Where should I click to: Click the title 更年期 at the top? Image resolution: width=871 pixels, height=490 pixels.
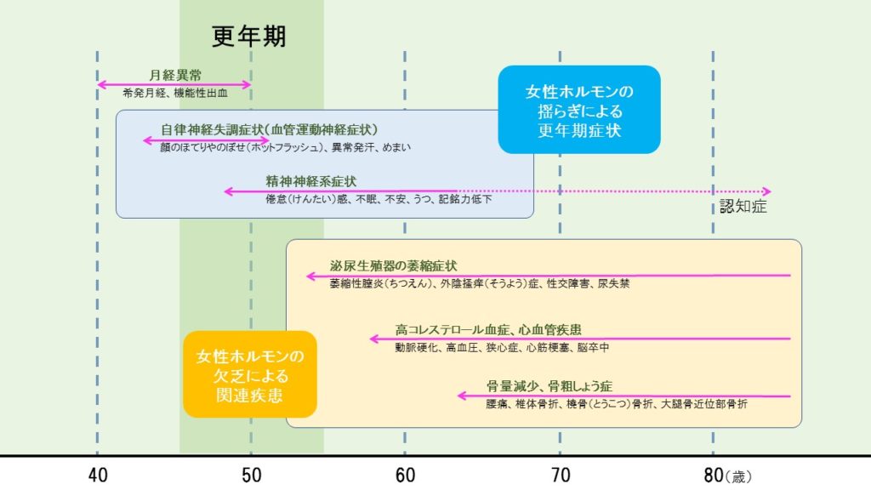pos(249,37)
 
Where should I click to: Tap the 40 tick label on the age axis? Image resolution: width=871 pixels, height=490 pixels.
pos(98,476)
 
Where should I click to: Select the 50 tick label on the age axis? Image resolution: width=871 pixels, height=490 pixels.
pos(251,476)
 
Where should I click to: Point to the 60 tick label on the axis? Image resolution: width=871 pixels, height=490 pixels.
pos(405,476)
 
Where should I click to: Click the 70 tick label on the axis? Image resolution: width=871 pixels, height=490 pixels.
pos(561,476)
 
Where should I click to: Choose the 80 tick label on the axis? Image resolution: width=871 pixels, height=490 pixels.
pos(714,476)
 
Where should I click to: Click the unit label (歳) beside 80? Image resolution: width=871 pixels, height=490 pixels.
pos(739,476)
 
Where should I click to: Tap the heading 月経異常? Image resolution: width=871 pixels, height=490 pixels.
pos(175,75)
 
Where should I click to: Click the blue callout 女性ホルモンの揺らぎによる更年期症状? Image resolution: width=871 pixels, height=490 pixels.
pos(579,110)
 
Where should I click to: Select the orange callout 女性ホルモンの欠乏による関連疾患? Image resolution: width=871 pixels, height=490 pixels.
pos(250,374)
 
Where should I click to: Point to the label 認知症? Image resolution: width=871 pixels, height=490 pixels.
pos(743,207)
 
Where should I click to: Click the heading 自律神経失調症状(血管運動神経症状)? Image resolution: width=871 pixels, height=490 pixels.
pos(270,130)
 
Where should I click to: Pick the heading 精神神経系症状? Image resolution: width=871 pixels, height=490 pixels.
pos(311,181)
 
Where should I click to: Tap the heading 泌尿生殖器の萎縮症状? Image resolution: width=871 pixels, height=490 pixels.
pos(393,265)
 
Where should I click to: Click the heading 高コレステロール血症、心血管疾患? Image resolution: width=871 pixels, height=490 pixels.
pos(488,330)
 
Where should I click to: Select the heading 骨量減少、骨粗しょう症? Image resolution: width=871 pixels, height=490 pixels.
pos(549,386)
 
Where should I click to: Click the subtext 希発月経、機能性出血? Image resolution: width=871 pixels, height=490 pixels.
pos(175,94)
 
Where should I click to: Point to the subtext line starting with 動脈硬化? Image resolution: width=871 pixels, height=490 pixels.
pos(502,348)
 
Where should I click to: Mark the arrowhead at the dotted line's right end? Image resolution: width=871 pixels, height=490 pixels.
pos(767,191)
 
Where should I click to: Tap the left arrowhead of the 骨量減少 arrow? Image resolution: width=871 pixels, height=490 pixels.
pos(462,396)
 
